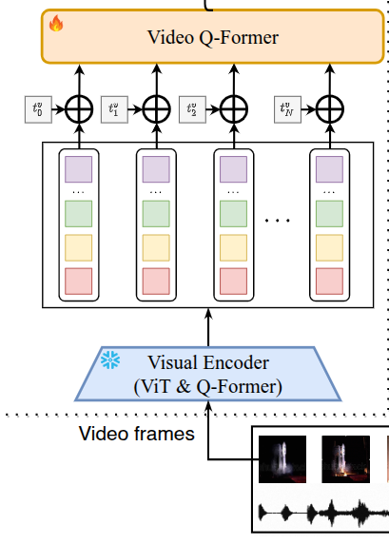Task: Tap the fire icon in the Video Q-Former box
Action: [x=56, y=24]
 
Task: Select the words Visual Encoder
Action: [x=208, y=362]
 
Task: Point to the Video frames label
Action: [x=136, y=435]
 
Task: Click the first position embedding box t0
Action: [x=34, y=108]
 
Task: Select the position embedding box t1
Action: [x=113, y=108]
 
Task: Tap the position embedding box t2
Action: [x=190, y=108]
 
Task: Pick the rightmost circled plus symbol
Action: [x=329, y=109]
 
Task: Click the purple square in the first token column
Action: [x=77, y=170]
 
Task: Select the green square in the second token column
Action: [x=155, y=212]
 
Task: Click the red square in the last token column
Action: [x=329, y=282]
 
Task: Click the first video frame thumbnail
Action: [x=283, y=459]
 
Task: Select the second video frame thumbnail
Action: [x=344, y=459]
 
